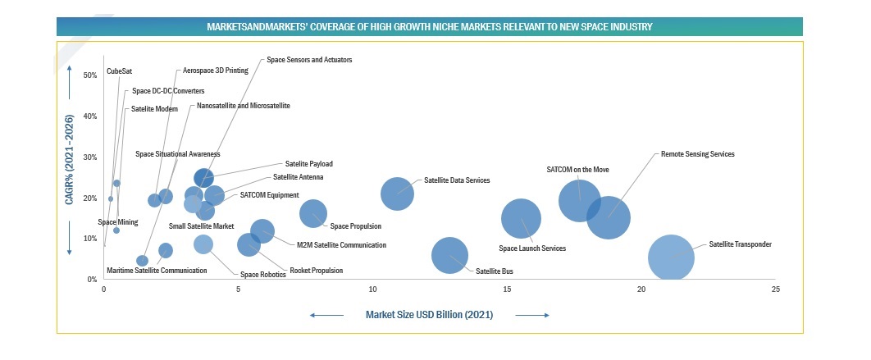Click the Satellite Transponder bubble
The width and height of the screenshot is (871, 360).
(x=671, y=258)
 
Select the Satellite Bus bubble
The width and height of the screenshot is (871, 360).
(x=449, y=255)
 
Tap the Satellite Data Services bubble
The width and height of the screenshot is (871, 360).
(x=398, y=194)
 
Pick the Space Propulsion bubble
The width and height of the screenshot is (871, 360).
(x=312, y=213)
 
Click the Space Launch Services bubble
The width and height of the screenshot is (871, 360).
(x=521, y=219)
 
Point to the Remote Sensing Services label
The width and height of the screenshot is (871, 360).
(x=697, y=153)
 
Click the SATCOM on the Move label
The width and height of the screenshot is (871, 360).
(x=578, y=170)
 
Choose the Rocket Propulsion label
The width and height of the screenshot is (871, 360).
(x=317, y=271)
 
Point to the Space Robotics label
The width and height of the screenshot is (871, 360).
(x=262, y=275)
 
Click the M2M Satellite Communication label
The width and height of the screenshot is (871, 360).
(x=341, y=244)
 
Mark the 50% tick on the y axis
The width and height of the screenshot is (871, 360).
(x=90, y=75)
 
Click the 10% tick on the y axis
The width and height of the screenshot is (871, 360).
(x=90, y=239)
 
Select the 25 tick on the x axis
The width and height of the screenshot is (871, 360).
(x=775, y=289)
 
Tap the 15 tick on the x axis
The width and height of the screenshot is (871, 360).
(x=506, y=289)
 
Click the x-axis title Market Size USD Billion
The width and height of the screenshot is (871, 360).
(x=429, y=315)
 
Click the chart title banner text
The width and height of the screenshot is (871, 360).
(x=429, y=27)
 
